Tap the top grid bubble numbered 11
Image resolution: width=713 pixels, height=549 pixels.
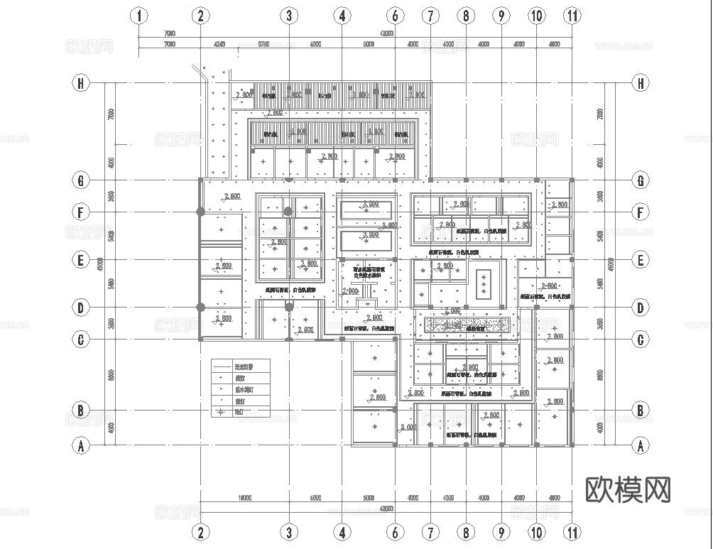click(572, 16)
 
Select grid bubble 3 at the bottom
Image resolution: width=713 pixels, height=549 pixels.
click(288, 531)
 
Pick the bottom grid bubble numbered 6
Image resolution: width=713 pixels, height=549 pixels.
click(396, 531)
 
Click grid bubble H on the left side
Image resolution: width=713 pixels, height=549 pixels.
click(81, 83)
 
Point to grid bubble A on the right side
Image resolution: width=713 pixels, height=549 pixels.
click(641, 446)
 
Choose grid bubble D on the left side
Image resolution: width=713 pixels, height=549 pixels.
click(81, 308)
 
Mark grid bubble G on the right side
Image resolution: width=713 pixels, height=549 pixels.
click(641, 180)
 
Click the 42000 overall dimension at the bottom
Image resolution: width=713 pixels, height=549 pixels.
click(386, 508)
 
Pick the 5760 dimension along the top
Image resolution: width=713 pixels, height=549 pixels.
click(263, 44)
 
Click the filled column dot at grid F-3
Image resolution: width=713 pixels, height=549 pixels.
click(288, 212)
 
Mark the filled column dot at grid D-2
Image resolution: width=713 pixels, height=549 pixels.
click(201, 308)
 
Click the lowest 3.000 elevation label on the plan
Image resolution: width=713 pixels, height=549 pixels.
click(408, 428)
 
